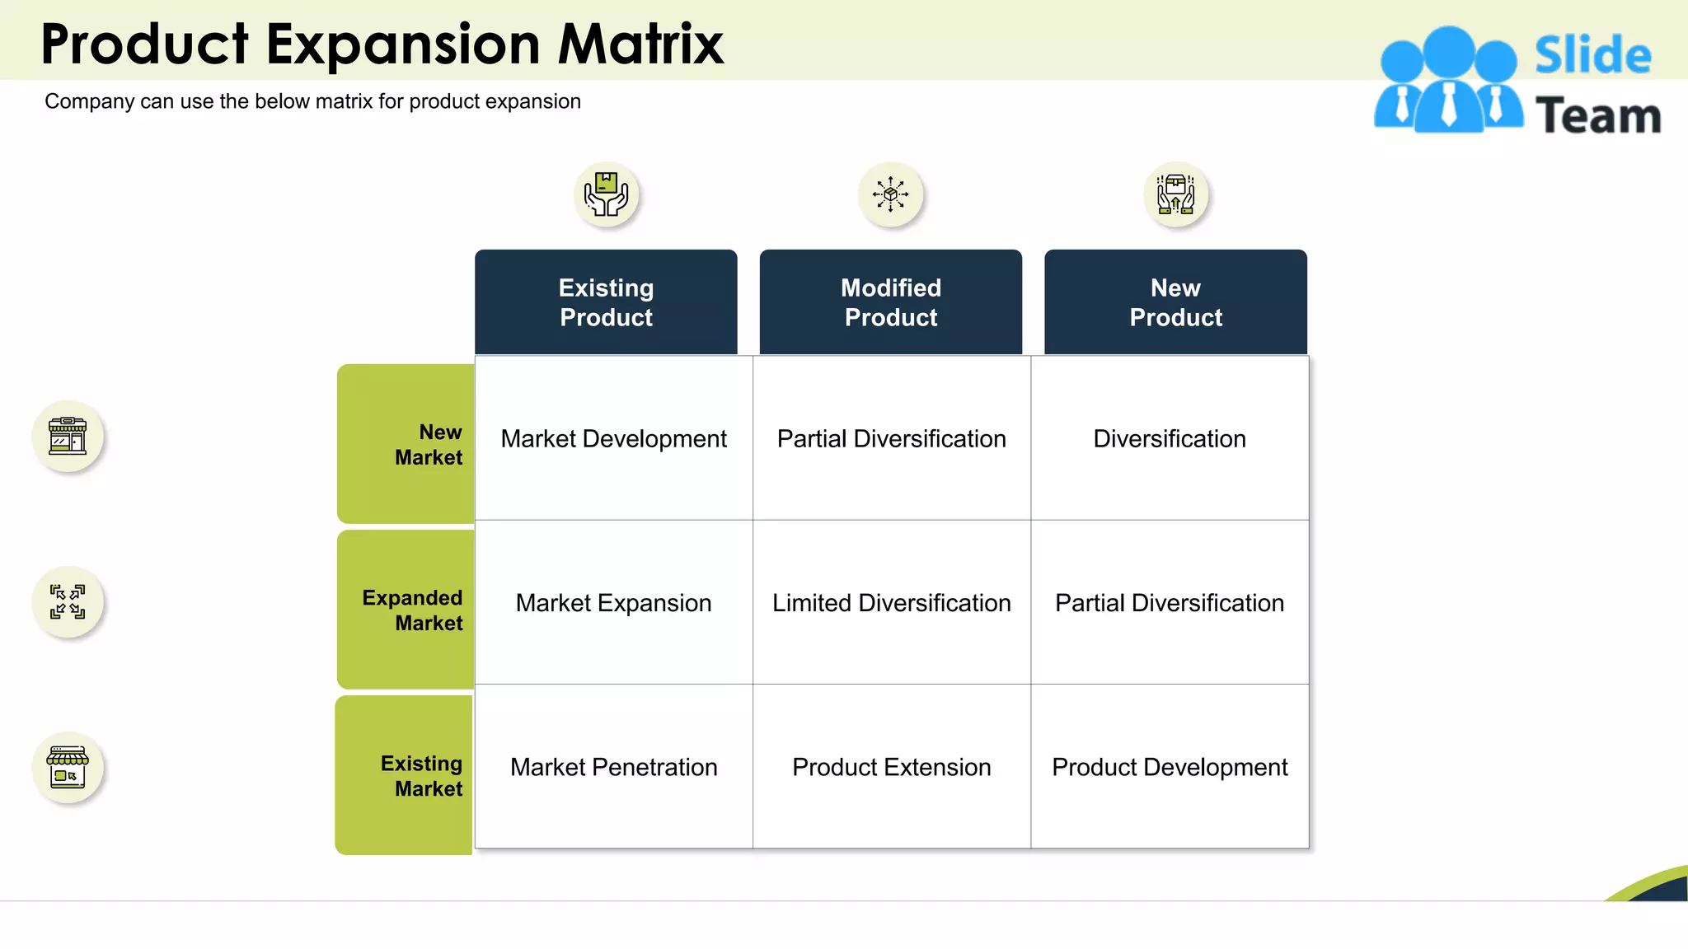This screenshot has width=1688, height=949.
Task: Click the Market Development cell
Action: [x=613, y=438]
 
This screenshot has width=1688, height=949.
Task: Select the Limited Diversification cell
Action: [x=891, y=603]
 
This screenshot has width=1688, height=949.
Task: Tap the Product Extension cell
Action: [x=891, y=767]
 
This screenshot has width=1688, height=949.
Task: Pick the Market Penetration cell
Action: [x=613, y=767]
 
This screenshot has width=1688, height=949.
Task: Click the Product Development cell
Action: [x=1169, y=767]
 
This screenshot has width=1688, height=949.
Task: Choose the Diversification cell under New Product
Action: [x=1169, y=438]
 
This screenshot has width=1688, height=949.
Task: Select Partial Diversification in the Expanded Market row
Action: [x=1169, y=603]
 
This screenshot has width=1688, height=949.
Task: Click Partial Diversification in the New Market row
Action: [x=891, y=438]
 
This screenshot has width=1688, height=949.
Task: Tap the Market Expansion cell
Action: [x=613, y=603]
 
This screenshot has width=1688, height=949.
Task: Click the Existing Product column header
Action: [x=606, y=302]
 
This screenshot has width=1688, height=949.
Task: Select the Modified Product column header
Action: [x=891, y=302]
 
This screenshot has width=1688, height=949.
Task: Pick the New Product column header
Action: [x=1175, y=302]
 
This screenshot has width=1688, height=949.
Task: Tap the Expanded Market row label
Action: [x=412, y=610]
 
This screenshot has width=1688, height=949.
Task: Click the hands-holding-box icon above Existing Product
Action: [x=606, y=194]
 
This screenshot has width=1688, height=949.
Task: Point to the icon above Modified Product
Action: [x=890, y=194]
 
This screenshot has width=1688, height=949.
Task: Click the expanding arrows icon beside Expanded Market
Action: [x=68, y=601]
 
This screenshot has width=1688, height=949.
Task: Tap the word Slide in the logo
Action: [x=1592, y=55]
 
